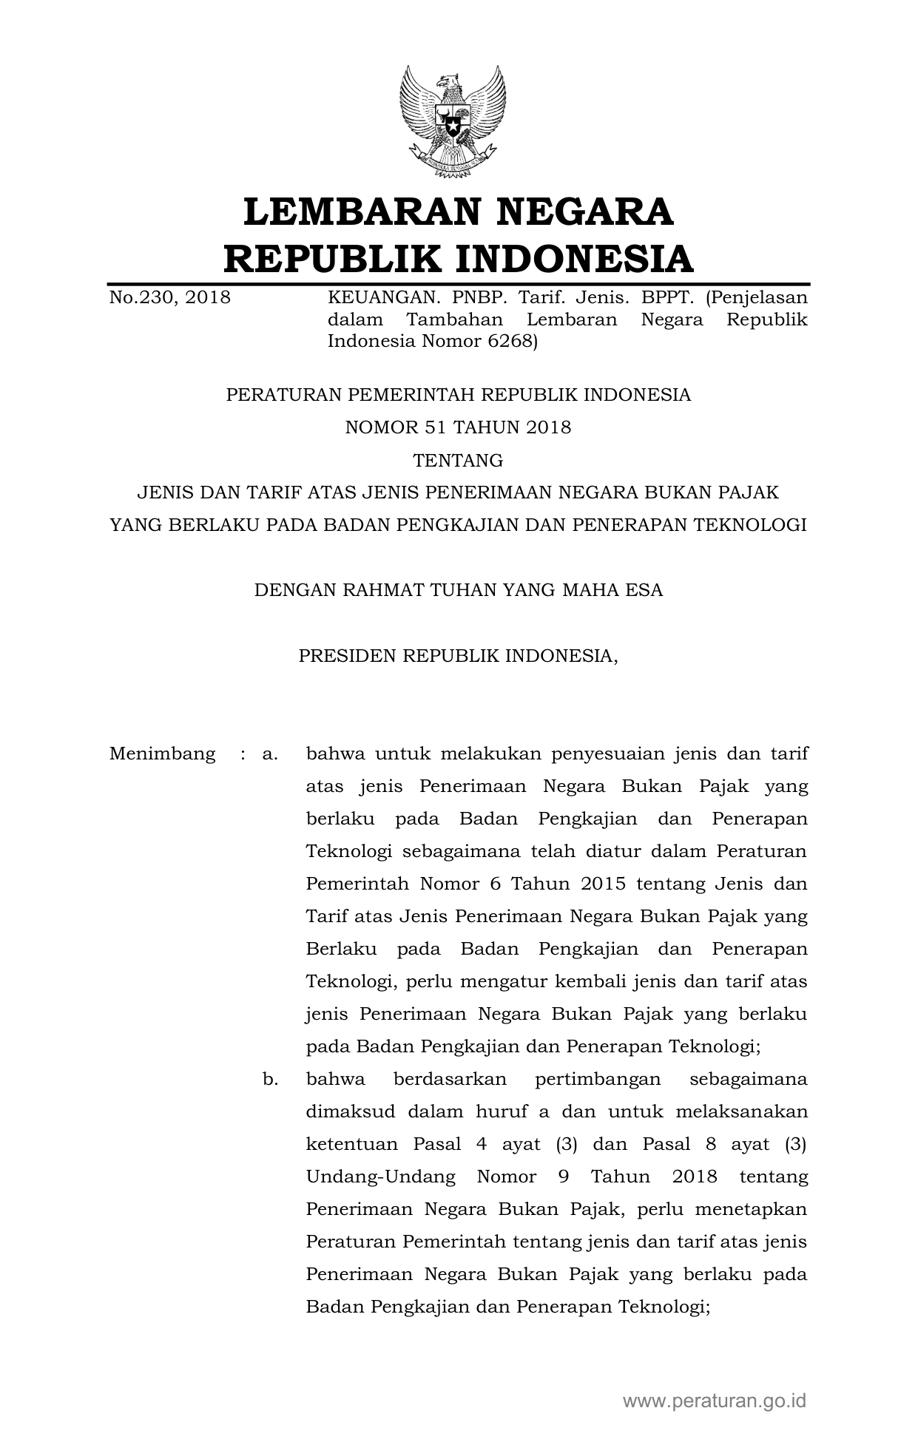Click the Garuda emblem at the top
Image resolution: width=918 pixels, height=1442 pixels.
point(453,121)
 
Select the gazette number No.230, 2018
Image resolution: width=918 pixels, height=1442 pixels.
point(170,298)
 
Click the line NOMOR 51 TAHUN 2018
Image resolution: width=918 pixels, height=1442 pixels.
point(459,427)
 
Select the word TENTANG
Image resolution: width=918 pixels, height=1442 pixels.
point(459,461)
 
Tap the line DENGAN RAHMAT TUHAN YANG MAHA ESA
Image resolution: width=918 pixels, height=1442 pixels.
point(459,590)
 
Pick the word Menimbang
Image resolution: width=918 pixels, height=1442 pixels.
point(163,754)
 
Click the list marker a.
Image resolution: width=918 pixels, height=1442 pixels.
point(269,754)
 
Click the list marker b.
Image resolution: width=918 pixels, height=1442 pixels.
point(270,1080)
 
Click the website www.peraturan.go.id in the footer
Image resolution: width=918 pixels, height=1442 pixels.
point(715,1400)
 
